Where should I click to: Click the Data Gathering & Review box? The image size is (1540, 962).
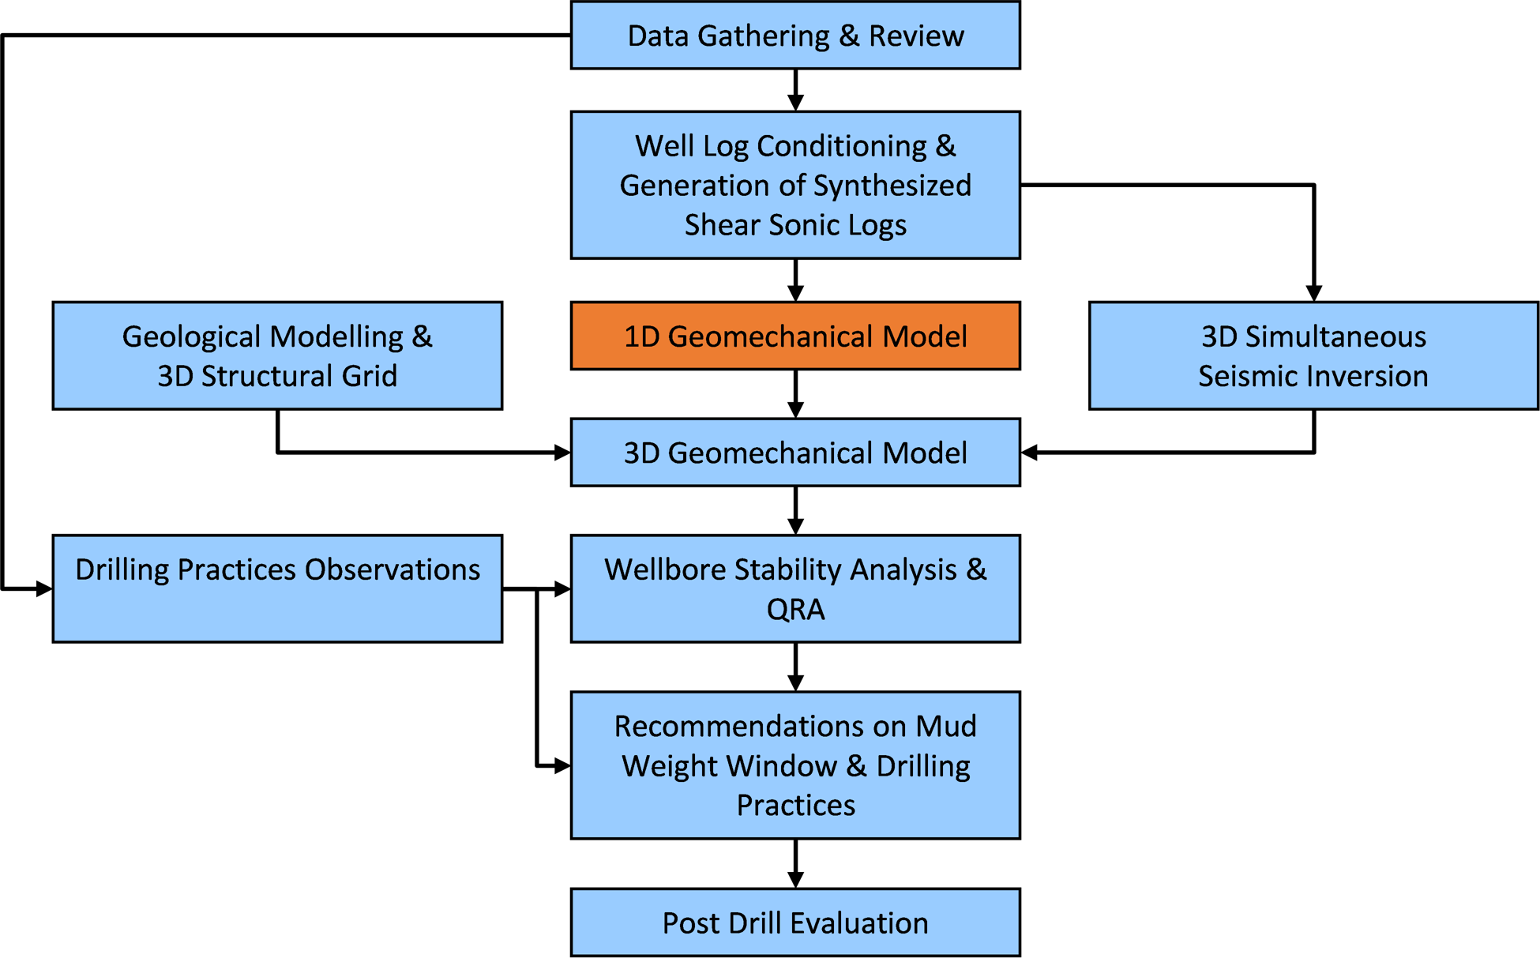tap(795, 36)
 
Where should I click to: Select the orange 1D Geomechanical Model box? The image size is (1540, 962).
tap(795, 336)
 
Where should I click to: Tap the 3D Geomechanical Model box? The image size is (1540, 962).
tap(795, 453)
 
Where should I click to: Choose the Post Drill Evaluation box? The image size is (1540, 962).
tap(795, 923)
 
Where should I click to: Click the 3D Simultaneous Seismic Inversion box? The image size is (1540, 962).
tap(1313, 355)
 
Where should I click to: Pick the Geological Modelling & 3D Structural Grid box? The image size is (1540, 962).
tap(277, 355)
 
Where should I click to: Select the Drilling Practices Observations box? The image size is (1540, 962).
tap(277, 589)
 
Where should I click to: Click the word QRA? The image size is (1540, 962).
tap(795, 610)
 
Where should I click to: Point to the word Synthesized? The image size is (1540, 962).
tap(892, 186)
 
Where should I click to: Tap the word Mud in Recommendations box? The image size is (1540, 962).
tap(946, 726)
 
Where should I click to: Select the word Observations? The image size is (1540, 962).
tap(393, 569)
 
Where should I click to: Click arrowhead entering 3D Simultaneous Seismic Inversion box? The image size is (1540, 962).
tap(1313, 292)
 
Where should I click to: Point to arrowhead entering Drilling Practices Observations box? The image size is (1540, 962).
tap(43, 589)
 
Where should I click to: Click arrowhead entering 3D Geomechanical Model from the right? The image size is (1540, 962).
tap(1030, 453)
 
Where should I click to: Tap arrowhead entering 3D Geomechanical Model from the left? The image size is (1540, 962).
tap(562, 453)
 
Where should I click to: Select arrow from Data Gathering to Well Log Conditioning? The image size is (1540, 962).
tap(795, 90)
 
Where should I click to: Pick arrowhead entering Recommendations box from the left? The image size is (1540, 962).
tap(562, 765)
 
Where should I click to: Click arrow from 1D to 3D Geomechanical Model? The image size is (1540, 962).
tap(795, 394)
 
